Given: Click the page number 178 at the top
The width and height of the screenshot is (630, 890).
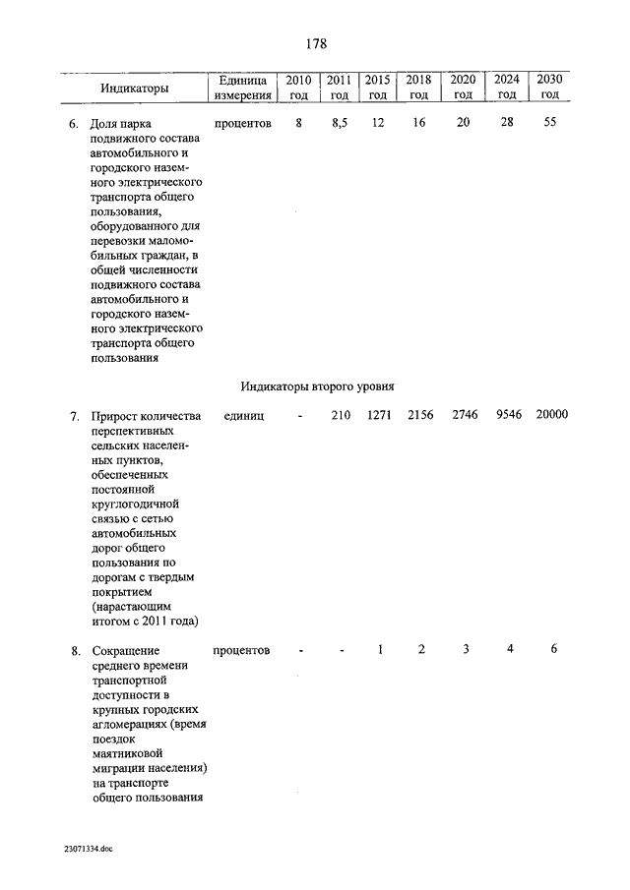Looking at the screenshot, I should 315,44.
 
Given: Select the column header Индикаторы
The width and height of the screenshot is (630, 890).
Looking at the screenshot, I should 134,89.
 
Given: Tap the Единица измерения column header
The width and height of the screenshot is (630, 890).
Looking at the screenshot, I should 242,87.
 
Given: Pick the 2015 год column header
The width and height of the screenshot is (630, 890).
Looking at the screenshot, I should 376,87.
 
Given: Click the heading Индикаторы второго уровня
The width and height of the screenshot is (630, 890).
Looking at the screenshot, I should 318,386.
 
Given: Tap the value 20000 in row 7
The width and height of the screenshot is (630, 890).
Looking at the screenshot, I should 551,416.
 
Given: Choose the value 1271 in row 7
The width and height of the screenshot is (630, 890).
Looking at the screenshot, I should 379,416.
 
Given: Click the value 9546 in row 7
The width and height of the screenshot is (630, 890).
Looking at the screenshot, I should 506,416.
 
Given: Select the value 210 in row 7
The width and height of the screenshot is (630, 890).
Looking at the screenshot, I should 340,416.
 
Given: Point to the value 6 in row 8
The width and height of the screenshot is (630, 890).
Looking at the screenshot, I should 554,649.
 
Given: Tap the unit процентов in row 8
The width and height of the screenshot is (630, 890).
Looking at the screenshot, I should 241,651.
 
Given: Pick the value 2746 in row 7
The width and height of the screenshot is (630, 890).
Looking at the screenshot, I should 465,416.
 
